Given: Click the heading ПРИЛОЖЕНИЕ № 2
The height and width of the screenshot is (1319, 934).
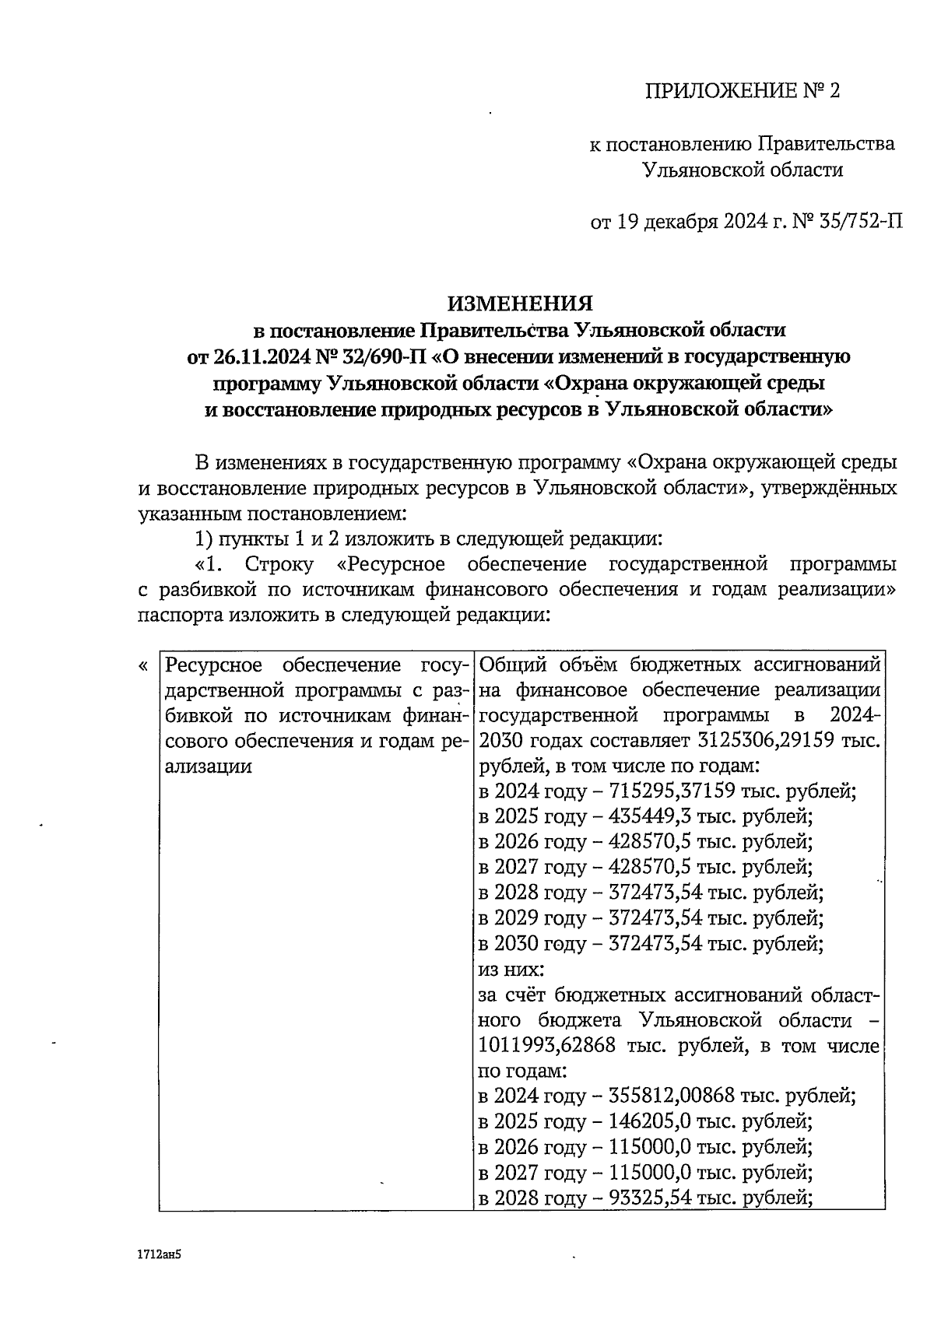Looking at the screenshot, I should click(x=743, y=92).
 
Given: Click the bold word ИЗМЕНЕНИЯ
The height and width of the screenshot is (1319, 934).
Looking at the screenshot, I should click(x=520, y=303).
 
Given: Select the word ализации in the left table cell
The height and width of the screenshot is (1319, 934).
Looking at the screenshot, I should click(x=209, y=766).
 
